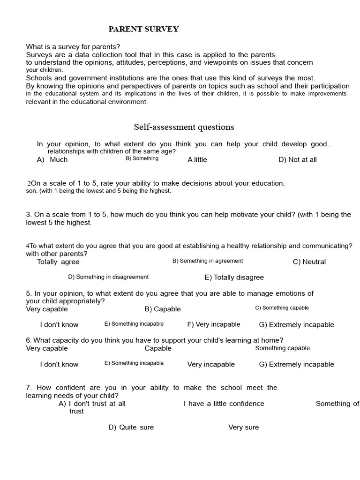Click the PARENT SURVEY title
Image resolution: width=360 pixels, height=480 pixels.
(x=143, y=29)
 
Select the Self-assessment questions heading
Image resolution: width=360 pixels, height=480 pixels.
(x=184, y=127)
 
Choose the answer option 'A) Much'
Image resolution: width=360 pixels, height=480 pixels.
(x=52, y=159)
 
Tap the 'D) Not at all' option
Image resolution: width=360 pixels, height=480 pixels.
(x=297, y=159)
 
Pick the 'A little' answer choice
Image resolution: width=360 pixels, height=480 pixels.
(x=197, y=159)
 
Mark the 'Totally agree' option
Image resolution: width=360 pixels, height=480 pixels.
(x=58, y=262)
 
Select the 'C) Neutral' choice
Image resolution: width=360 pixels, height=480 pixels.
(x=309, y=262)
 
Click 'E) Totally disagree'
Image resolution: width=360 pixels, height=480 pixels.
(x=234, y=277)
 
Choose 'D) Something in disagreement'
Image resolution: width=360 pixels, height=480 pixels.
(x=108, y=277)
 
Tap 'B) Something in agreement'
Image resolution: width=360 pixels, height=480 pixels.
(x=208, y=261)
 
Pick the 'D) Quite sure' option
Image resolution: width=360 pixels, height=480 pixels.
(x=131, y=427)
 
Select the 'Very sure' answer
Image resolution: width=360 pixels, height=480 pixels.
(x=243, y=427)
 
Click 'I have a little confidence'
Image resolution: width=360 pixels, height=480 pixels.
(x=224, y=403)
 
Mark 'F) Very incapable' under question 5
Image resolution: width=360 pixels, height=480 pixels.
(x=213, y=324)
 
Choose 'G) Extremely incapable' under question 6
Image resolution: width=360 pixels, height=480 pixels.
(x=296, y=364)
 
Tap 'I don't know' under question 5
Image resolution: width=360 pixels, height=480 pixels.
(x=59, y=324)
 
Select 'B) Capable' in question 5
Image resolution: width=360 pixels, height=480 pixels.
(x=162, y=309)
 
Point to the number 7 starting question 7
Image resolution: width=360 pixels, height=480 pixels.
(x=29, y=388)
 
